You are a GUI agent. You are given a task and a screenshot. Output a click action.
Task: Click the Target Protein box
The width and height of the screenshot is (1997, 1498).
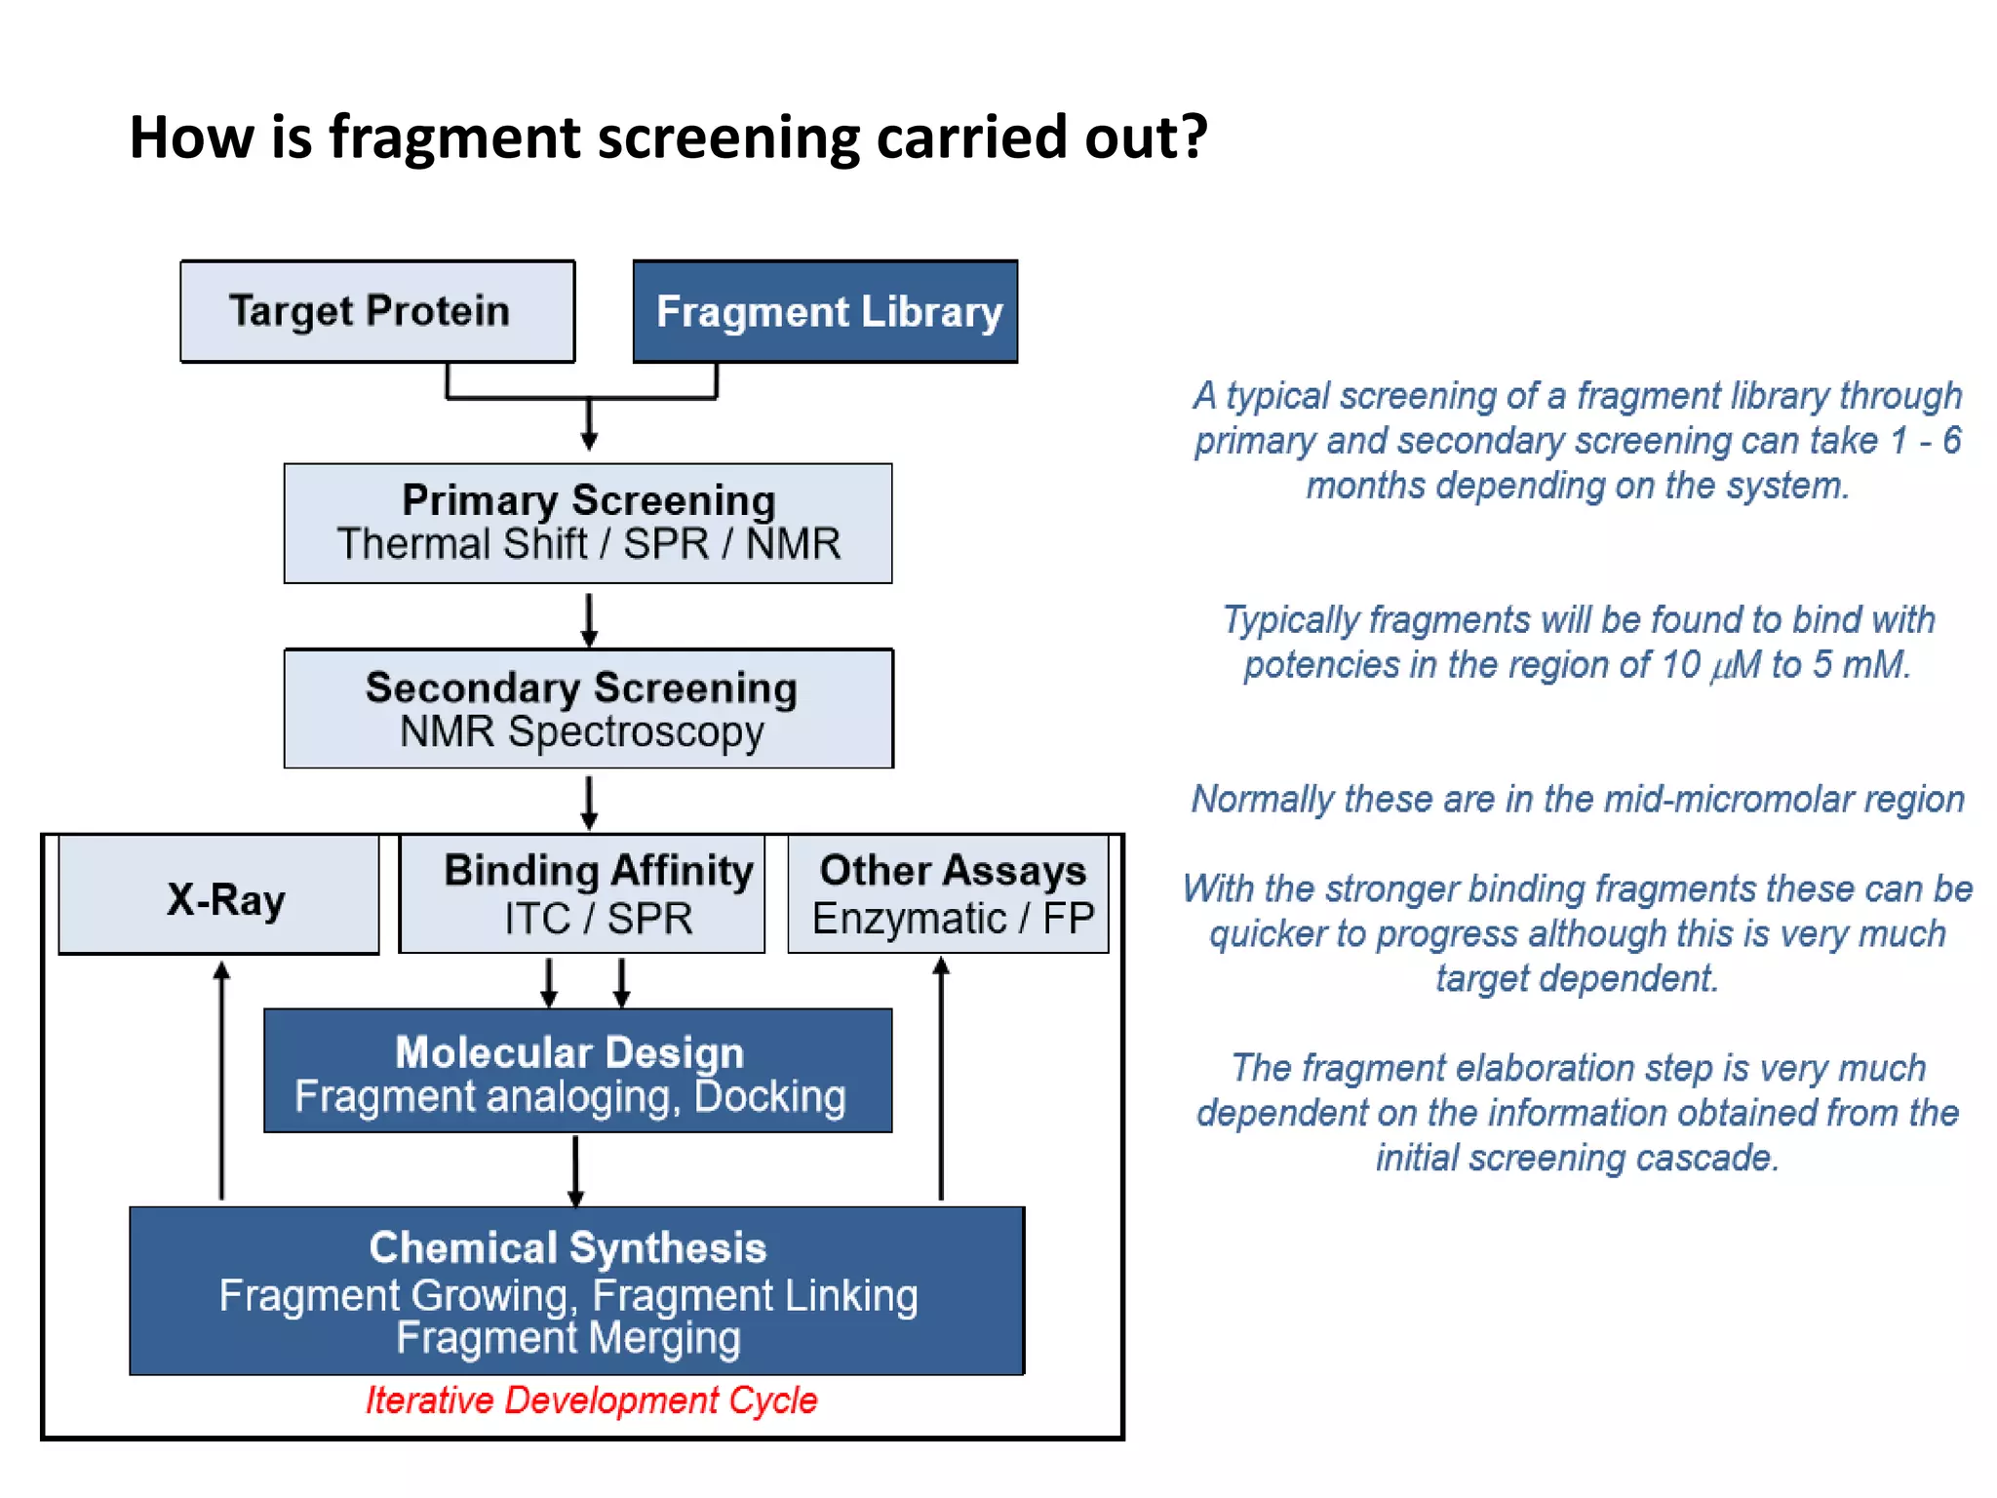point(377,311)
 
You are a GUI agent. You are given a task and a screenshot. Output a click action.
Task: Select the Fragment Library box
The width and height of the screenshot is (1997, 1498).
point(826,312)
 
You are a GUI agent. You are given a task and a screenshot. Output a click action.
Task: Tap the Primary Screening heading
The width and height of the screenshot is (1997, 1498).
point(589,500)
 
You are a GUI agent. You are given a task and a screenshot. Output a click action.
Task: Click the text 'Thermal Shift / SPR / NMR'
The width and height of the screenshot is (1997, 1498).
point(589,544)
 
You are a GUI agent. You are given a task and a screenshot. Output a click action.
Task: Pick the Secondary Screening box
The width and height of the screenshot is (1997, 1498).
point(589,709)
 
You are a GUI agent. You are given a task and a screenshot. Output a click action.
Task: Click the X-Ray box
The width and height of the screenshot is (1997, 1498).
point(220,896)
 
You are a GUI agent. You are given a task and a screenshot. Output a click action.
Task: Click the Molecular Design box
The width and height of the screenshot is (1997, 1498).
point(577,1071)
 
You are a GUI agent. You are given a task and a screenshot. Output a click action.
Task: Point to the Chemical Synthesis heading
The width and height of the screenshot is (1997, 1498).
point(568,1247)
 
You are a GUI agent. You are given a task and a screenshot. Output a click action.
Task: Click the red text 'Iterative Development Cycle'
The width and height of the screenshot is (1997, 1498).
point(591,1400)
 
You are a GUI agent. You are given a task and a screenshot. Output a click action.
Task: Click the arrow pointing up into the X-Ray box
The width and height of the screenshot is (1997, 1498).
point(221,1073)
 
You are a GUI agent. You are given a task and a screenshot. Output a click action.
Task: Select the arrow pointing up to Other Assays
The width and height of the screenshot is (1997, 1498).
point(941,1073)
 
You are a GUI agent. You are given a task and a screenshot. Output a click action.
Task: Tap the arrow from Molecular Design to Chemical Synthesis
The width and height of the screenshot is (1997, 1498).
point(575,1170)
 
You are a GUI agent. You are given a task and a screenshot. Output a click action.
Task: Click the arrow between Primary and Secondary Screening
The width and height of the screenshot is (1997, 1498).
point(589,618)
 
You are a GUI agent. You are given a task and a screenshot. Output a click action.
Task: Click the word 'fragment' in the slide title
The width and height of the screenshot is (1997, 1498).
point(454,137)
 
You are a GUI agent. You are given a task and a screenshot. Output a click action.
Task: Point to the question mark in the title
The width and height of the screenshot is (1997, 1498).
point(1193,137)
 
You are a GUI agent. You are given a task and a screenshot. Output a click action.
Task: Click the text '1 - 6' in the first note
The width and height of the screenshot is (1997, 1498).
point(1925,441)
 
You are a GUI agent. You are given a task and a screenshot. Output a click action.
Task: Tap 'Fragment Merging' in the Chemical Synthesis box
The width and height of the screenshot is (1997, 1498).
point(568,1338)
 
